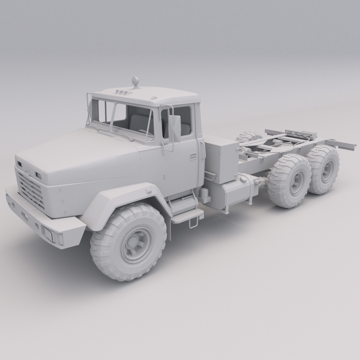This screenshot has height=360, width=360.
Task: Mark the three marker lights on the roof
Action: [122, 92]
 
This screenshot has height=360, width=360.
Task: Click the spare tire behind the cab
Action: [249, 137]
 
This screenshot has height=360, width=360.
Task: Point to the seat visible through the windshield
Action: [136, 121]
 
